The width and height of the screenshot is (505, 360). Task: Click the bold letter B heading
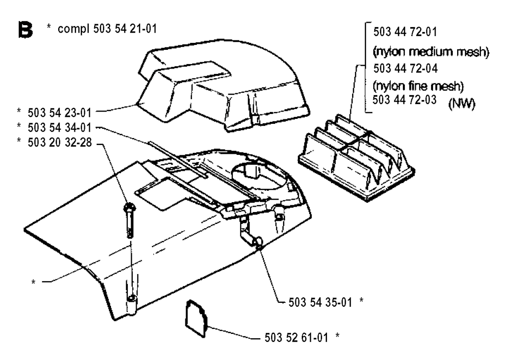[26, 30]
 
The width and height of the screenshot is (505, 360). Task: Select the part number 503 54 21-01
[125, 29]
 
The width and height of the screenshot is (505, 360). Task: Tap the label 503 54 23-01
[60, 113]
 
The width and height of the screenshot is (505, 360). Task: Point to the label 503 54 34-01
[60, 128]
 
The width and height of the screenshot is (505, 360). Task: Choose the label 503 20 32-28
[60, 143]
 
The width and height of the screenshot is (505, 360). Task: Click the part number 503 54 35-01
[320, 302]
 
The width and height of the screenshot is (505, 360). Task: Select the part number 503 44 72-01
[405, 32]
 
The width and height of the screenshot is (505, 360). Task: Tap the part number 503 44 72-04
[405, 68]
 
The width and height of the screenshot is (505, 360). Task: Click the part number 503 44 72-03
[404, 100]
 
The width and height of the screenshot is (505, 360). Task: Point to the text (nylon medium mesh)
[431, 51]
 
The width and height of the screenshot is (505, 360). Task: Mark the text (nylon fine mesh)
[418, 86]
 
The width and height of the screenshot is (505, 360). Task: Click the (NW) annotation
[462, 104]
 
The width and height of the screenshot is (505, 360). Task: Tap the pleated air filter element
[357, 157]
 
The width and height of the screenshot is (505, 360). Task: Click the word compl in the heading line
[73, 29]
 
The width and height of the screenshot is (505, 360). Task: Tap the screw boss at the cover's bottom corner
[132, 304]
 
